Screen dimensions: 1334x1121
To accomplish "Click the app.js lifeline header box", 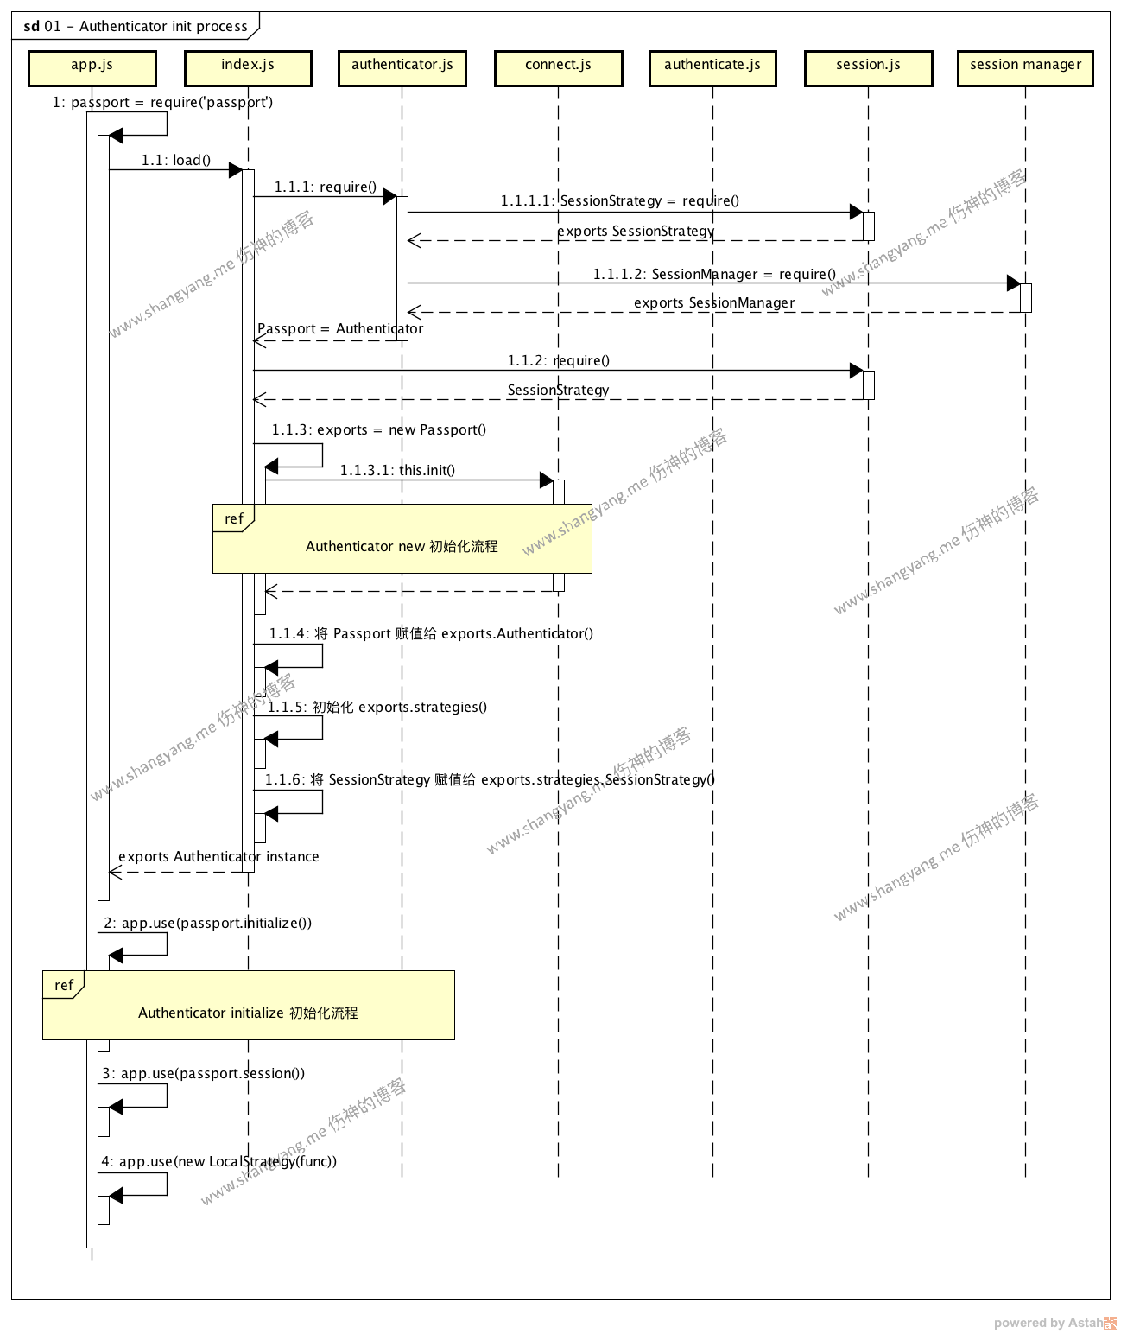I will (92, 68).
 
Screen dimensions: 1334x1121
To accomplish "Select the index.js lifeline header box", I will (248, 68).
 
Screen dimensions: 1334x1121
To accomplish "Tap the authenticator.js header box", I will (402, 68).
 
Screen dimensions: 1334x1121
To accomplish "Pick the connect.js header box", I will (558, 68).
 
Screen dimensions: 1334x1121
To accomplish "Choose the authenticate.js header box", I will (712, 68).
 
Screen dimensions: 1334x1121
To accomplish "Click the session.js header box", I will (868, 68).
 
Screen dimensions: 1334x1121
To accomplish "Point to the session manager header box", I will (1025, 68).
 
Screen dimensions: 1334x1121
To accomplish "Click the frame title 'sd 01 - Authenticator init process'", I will (136, 26).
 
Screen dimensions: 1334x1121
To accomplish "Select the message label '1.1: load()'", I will (176, 160).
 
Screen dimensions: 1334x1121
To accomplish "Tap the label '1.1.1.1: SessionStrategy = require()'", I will (619, 200).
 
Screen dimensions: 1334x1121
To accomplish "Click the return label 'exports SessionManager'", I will (714, 302).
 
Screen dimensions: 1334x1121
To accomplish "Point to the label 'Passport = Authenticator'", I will (340, 328).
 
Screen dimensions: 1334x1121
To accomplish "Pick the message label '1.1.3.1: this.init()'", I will (397, 470).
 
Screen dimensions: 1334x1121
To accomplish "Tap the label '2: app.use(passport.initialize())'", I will (208, 923).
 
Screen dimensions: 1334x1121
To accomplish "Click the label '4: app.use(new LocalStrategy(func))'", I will (219, 1161).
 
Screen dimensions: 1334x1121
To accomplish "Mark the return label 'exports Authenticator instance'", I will (218, 856).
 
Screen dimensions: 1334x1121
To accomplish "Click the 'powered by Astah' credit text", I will (1048, 1323).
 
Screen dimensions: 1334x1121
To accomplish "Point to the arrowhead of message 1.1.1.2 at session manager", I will (1014, 283).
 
